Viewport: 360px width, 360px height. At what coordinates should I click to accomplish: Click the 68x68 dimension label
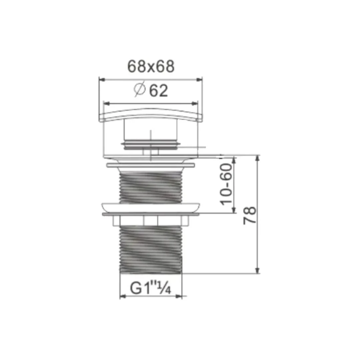tap(151, 67)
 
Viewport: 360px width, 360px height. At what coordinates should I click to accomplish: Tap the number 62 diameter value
tap(159, 91)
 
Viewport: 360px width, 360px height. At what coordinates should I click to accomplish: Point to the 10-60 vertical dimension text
tap(226, 184)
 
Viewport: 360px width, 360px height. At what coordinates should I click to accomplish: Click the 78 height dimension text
tap(250, 215)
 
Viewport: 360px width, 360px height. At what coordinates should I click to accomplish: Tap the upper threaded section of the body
tap(151, 187)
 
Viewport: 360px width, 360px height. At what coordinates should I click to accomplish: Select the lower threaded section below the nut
tap(151, 249)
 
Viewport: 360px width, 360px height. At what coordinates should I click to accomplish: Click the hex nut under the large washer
tap(151, 220)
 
